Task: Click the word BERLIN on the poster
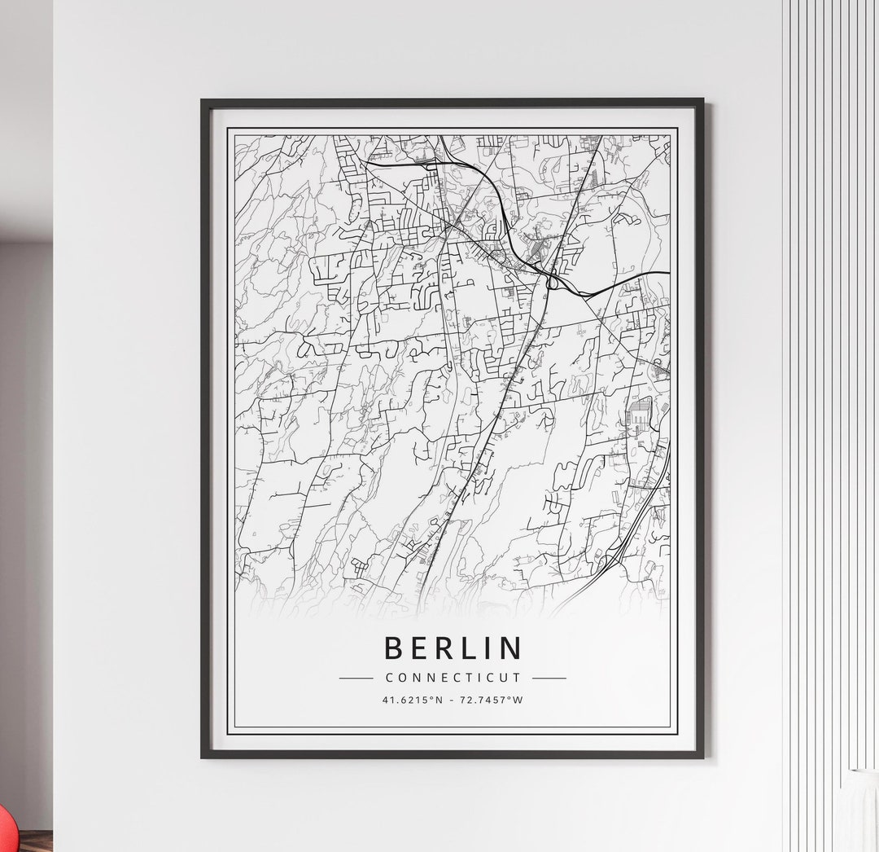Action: point(453,648)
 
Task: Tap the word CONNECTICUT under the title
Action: point(453,678)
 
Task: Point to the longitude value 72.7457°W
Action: point(492,700)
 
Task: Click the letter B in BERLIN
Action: point(392,648)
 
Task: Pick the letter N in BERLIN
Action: point(511,648)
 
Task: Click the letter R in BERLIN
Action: point(443,648)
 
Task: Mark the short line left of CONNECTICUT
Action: point(356,678)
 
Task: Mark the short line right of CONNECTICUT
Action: point(549,678)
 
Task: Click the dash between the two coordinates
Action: point(453,700)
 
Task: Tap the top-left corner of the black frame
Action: point(203,102)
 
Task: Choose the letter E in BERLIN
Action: point(418,648)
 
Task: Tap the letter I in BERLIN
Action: point(489,648)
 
